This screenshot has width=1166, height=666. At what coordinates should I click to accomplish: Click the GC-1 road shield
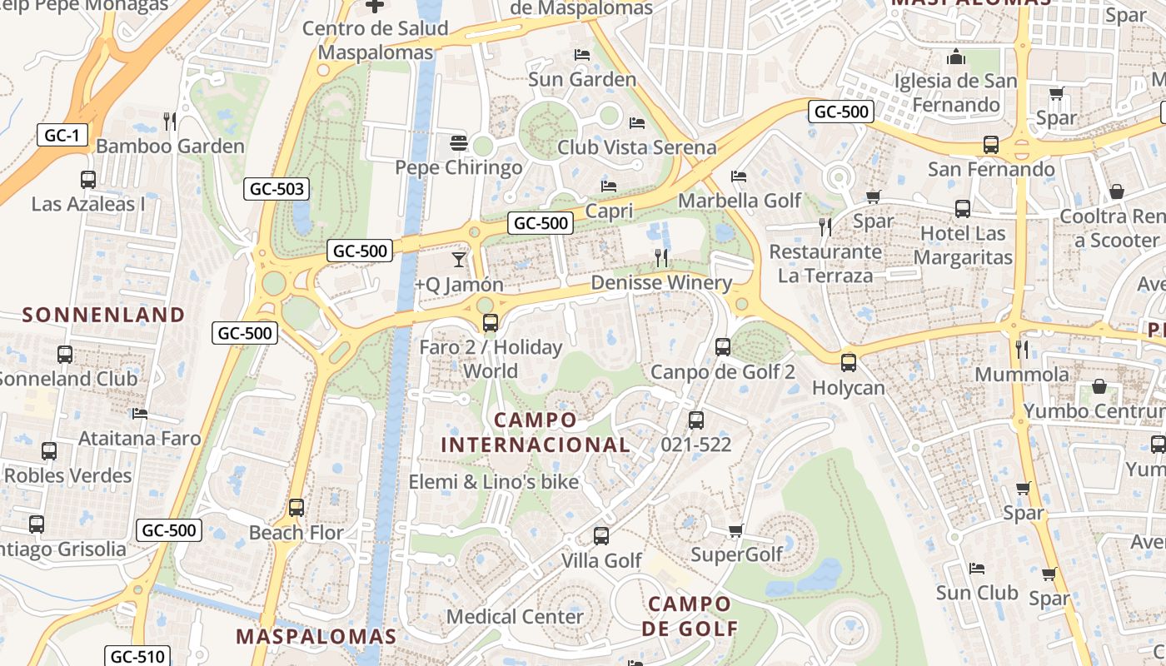click(x=62, y=135)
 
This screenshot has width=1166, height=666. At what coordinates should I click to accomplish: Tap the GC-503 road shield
click(x=277, y=189)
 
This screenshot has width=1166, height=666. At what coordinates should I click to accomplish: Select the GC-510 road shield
click(x=138, y=656)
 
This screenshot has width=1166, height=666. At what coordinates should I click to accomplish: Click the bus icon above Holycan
click(x=848, y=363)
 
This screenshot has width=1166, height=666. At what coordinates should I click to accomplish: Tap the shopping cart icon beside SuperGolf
click(x=735, y=530)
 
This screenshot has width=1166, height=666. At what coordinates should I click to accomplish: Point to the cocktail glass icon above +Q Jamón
click(x=459, y=260)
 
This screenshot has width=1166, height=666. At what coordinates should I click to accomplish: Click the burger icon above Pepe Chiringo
click(x=458, y=142)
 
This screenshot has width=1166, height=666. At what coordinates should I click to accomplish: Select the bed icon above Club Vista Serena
click(x=637, y=123)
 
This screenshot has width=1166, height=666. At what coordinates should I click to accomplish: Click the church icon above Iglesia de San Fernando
click(x=955, y=57)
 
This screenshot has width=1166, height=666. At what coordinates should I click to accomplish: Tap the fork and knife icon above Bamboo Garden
click(x=170, y=122)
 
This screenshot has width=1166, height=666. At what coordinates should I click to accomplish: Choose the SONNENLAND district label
click(x=103, y=315)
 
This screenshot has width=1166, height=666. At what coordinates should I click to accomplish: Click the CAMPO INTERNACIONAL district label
click(x=535, y=432)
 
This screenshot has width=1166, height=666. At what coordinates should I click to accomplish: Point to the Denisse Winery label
click(x=661, y=283)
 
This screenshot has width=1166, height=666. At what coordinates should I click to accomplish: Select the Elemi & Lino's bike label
click(x=493, y=481)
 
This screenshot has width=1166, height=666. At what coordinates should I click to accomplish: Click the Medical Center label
click(x=515, y=617)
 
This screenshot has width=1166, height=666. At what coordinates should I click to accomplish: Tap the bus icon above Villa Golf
click(x=601, y=536)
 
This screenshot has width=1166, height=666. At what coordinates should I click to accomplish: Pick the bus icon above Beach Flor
click(x=296, y=508)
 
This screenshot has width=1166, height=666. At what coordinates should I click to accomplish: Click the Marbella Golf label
click(x=740, y=201)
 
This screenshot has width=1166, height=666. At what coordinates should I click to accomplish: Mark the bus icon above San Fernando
click(x=990, y=145)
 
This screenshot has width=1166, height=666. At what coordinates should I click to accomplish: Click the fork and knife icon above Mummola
click(x=1022, y=349)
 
